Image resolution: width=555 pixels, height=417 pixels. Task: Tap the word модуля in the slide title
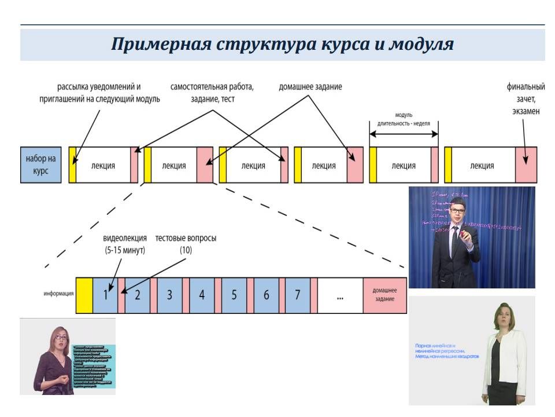[x=421, y=45]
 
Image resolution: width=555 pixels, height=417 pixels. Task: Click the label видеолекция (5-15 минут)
[x=124, y=244]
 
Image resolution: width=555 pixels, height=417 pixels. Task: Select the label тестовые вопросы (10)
[x=186, y=244]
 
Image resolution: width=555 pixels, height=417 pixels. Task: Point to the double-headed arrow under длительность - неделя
[x=404, y=133]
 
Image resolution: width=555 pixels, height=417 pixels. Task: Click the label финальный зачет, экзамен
[x=526, y=98]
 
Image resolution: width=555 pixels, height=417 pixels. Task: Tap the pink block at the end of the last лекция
[x=526, y=165]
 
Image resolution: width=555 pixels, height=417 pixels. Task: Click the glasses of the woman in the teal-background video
[x=61, y=337]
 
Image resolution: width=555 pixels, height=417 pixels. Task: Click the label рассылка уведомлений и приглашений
[x=99, y=93]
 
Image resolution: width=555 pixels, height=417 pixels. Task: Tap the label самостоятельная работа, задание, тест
[x=212, y=93]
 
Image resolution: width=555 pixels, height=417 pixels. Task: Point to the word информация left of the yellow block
[x=58, y=294]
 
